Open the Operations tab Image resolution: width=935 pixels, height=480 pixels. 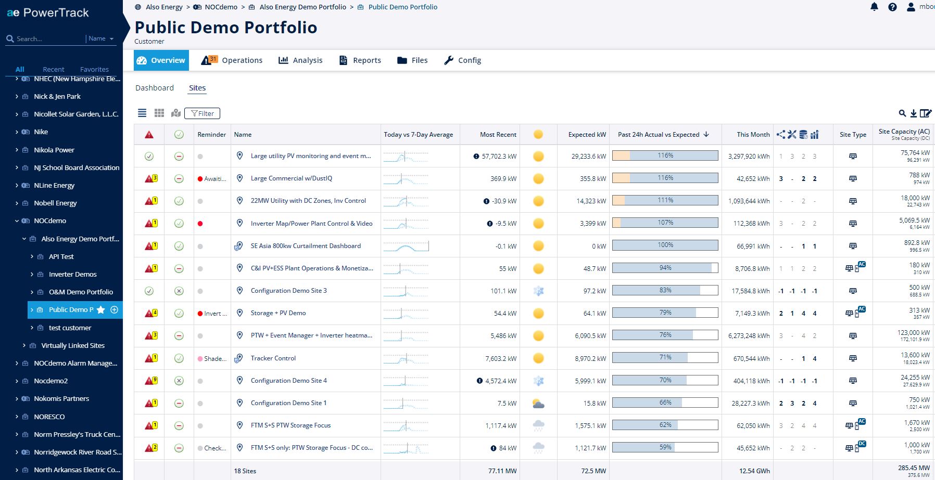click(x=232, y=60)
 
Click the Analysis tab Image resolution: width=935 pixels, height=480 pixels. click(x=300, y=60)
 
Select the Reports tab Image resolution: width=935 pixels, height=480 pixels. click(x=360, y=60)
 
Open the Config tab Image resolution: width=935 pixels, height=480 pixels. click(x=462, y=60)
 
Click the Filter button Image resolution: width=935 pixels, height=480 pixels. click(x=202, y=113)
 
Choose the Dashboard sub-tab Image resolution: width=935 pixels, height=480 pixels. click(x=155, y=88)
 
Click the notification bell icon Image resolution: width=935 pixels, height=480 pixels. click(x=874, y=7)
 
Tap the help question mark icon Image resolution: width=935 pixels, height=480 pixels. click(x=892, y=7)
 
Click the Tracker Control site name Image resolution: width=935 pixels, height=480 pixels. click(x=273, y=358)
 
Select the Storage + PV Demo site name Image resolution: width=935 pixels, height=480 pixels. click(x=278, y=313)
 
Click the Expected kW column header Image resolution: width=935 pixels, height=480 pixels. click(x=587, y=135)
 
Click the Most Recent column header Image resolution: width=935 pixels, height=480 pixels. click(x=498, y=135)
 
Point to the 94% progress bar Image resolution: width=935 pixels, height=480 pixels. click(x=665, y=268)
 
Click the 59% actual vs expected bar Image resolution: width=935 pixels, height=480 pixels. click(x=665, y=447)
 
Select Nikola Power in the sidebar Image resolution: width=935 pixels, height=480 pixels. click(x=54, y=150)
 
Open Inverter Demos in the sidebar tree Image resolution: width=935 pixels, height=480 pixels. click(x=73, y=274)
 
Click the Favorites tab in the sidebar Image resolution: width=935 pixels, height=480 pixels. click(x=94, y=69)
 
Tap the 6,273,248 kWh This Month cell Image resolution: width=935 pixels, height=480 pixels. click(x=749, y=336)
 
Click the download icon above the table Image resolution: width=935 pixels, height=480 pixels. click(x=914, y=113)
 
